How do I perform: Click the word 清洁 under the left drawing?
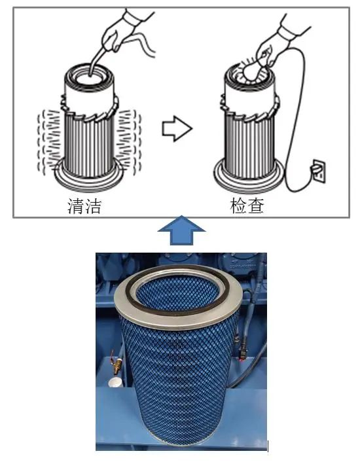pos(84,205)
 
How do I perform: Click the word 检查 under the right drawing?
pos(247,205)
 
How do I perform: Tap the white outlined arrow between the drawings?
pos(177,128)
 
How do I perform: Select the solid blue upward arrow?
pos(181,230)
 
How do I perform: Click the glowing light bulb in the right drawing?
pos(252,71)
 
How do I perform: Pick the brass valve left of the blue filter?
pos(116,363)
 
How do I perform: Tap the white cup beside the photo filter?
pos(115,382)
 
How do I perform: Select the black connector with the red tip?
pos(242,353)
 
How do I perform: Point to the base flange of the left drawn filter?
pos(88,181)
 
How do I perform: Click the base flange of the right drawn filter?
pos(248,181)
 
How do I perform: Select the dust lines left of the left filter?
pos(50,142)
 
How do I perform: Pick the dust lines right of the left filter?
pos(128,142)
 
